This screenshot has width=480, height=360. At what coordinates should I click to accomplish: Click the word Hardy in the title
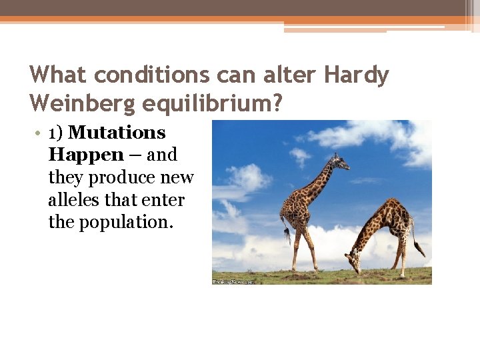pos(356,75)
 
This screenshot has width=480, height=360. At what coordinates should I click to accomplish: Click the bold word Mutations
pos(117,133)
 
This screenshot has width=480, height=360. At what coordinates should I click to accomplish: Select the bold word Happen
pos(86,155)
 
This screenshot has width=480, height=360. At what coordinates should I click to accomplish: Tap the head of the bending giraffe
pos(353,266)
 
